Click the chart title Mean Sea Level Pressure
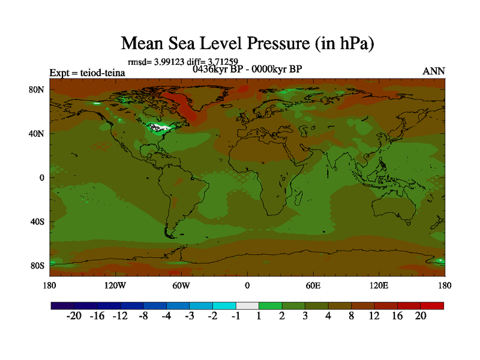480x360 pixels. point(248,43)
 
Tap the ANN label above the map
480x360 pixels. point(434,71)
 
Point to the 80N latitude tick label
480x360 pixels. point(38,89)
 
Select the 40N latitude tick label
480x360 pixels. point(38,133)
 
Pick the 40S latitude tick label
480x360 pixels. point(38,221)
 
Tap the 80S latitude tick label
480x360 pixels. point(38,265)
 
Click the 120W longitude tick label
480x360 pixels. point(115,285)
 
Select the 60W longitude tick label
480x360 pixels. point(181,285)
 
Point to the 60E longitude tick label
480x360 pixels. point(313,285)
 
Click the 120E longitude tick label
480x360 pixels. point(379,285)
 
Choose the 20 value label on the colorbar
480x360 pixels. point(420,316)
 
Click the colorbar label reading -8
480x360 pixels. point(143,316)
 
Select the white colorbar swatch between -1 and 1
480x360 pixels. point(247,305)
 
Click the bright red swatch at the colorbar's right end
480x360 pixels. point(432,305)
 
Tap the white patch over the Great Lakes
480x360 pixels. point(160,127)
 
